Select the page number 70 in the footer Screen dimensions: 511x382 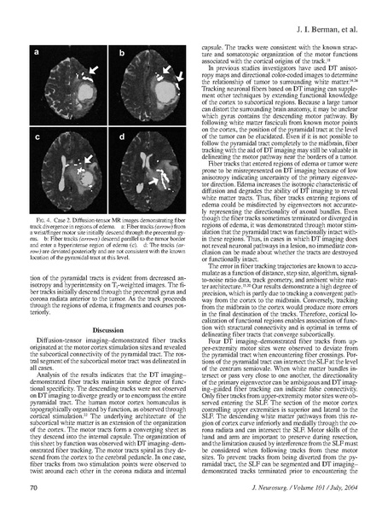33,485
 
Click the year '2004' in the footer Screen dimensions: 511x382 340,485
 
